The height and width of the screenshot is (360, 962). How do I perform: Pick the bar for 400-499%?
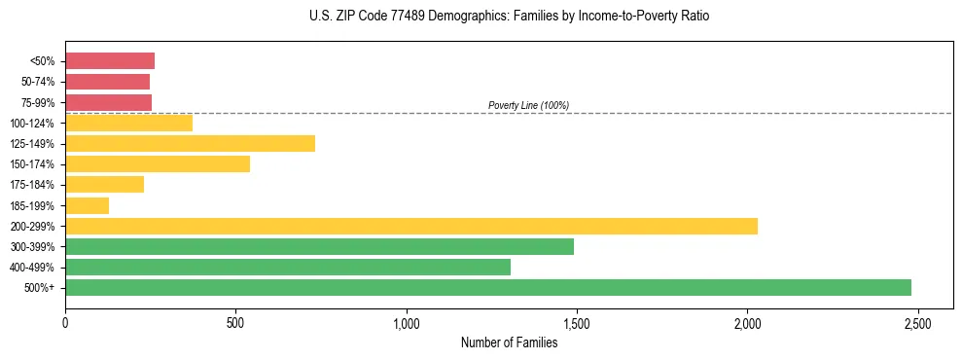point(288,267)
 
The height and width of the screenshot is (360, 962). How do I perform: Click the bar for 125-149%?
point(190,144)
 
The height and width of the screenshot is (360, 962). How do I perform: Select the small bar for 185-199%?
point(87,205)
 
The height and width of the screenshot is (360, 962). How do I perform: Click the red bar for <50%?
point(110,61)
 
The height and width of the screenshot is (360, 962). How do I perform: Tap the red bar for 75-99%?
point(108,102)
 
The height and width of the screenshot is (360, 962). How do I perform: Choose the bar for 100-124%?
point(128,123)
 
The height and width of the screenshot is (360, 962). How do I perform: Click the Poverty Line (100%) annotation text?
point(528,105)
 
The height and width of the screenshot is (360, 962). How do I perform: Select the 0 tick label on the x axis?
point(65,323)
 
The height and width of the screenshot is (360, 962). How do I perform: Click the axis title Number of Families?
point(509,342)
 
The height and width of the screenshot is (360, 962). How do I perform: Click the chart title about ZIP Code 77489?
point(509,17)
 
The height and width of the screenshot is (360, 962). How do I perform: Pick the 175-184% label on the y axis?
point(33,185)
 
